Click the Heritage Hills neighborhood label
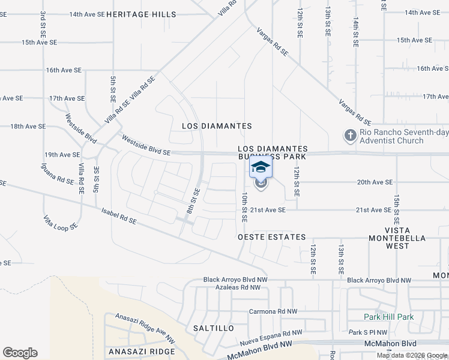point(142,14)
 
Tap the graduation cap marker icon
point(261,167)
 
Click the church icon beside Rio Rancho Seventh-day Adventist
point(350,136)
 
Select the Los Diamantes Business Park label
point(273,152)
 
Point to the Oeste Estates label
point(272,238)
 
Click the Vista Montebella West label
point(405,234)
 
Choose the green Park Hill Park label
point(388,317)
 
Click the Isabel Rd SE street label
point(119,217)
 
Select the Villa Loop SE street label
point(60,221)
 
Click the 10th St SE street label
point(244,208)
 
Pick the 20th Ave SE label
point(375,182)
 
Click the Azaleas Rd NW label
point(238,287)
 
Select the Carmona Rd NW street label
point(273,311)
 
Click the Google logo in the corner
point(20,353)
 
